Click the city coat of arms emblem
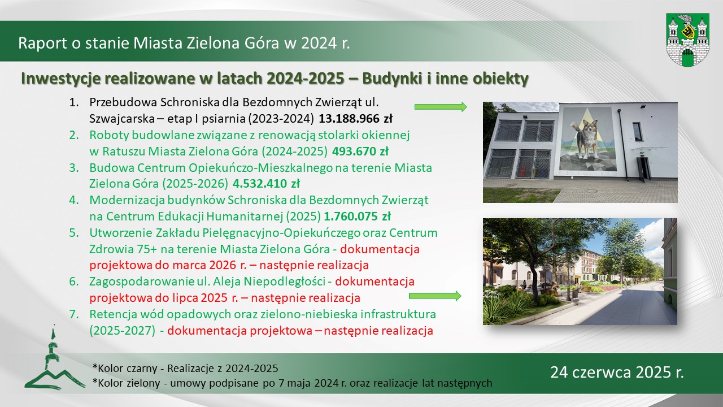coord(687,40)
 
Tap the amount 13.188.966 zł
coord(355,119)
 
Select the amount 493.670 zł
coord(360,151)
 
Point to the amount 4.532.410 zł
coord(266,184)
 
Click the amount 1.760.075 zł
coord(357,216)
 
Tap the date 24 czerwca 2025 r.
coord(617,372)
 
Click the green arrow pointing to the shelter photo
coord(441,107)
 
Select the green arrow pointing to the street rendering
coord(435,296)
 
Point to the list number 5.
coord(74,233)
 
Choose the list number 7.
coord(74,314)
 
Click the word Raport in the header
coord(42,43)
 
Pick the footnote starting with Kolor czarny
coord(185,368)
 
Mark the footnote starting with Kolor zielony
coord(292,383)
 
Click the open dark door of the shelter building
coord(643,168)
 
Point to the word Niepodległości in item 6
coord(284,282)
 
